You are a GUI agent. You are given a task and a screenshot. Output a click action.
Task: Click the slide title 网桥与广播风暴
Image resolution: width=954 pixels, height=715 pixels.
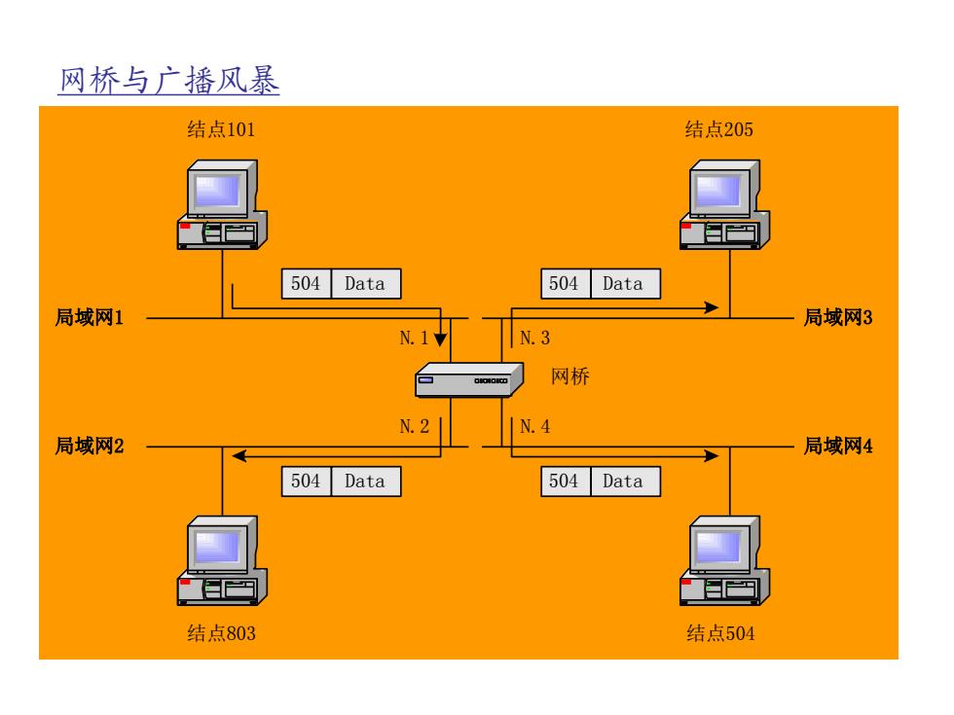click(x=169, y=80)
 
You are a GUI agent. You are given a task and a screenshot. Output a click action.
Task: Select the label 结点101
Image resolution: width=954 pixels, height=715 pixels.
click(x=222, y=129)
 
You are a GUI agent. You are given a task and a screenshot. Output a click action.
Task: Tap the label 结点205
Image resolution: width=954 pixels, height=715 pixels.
click(x=719, y=129)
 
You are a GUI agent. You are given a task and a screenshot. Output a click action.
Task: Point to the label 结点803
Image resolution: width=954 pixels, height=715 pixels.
click(x=222, y=633)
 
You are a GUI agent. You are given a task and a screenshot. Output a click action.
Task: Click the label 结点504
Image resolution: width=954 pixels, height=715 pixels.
click(x=720, y=633)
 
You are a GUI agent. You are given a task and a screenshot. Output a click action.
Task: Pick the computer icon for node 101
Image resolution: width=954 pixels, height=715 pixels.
click(x=222, y=205)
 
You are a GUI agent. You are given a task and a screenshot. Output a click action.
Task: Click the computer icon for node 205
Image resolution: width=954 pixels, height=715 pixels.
click(x=724, y=205)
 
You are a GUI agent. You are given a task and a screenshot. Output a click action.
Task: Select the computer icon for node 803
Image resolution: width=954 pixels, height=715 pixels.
click(x=222, y=560)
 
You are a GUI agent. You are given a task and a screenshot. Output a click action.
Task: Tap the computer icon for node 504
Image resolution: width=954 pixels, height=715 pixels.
click(x=724, y=560)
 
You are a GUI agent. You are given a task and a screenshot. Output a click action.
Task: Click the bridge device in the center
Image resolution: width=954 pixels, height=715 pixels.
click(x=469, y=380)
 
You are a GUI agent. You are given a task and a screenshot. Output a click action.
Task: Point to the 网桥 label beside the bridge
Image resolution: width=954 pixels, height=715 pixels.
click(x=570, y=376)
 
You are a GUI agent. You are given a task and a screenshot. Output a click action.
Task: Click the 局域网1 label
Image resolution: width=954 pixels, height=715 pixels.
click(x=90, y=317)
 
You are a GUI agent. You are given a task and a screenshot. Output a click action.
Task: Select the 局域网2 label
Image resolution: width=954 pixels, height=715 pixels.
click(x=90, y=447)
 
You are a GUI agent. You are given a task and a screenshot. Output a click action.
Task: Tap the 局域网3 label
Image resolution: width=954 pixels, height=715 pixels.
click(x=838, y=317)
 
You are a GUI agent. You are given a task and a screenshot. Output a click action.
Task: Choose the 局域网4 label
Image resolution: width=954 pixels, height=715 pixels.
click(x=838, y=447)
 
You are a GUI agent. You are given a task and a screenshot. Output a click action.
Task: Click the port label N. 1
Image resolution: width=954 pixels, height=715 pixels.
click(x=414, y=339)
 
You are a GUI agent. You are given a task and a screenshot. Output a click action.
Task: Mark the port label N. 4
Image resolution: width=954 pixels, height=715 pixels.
click(x=534, y=427)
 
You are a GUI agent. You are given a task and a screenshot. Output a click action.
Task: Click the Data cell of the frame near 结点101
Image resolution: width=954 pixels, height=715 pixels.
click(x=366, y=284)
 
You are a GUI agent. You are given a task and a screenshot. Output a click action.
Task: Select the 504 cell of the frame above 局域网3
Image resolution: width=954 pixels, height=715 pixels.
click(x=565, y=284)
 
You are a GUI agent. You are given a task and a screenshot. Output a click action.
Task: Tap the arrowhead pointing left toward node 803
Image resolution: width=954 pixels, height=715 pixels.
click(x=239, y=456)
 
